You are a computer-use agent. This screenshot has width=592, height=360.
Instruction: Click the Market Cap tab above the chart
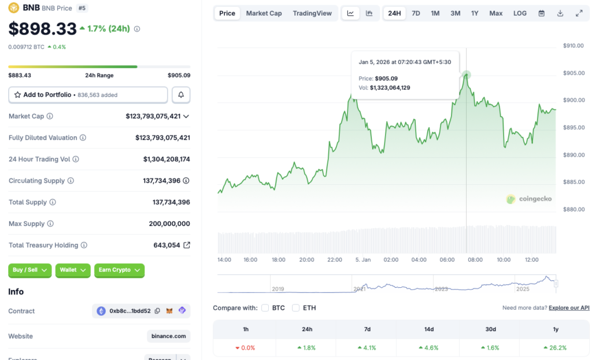coord(264,13)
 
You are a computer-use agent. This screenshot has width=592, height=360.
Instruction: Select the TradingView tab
coord(312,13)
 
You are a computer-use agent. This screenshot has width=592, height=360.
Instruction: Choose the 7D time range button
coord(416,13)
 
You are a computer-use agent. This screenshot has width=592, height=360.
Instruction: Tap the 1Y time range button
coord(475,13)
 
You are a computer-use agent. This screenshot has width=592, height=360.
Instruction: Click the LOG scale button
coord(520,13)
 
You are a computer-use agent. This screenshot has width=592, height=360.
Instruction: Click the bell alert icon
coord(181,95)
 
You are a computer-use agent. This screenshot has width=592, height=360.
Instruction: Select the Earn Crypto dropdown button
coord(119,270)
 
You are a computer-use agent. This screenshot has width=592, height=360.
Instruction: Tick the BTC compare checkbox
coord(265,308)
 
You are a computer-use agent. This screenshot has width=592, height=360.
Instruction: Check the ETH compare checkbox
coord(296,308)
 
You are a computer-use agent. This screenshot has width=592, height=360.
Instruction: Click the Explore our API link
coord(569,308)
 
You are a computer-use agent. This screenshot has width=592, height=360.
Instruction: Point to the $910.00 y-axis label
coord(574,46)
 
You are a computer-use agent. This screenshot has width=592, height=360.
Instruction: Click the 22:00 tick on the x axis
coord(335,260)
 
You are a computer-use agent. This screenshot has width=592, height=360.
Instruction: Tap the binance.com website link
coord(168,336)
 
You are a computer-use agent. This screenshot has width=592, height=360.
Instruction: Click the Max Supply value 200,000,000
coord(169,224)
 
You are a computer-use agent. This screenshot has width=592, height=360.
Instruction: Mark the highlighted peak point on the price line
coord(466,75)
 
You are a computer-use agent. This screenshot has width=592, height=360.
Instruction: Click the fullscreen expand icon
coord(579,13)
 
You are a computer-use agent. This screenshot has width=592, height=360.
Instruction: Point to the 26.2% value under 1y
coord(556,348)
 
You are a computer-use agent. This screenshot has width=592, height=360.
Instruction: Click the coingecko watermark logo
coord(529,199)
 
